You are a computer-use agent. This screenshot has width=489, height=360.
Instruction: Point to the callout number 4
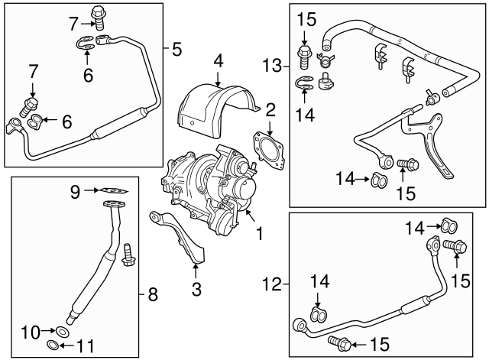(x=218, y=60)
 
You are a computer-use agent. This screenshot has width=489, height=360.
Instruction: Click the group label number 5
(x=176, y=51)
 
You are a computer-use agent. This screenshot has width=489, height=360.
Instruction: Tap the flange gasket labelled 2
(x=270, y=148)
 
